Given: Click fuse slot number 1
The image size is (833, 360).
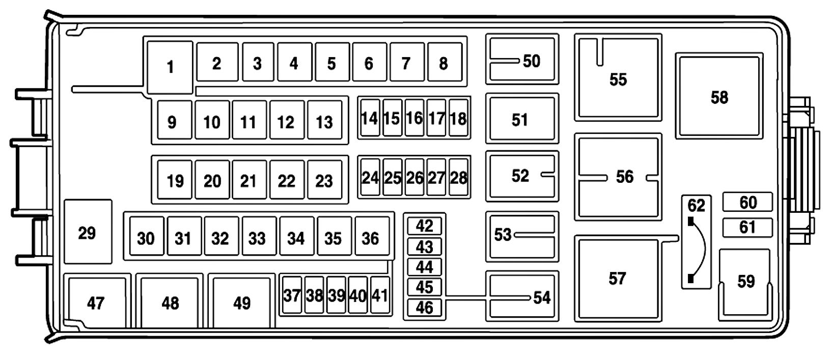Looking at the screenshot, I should [170, 67].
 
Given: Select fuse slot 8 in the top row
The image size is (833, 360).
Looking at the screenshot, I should [445, 63].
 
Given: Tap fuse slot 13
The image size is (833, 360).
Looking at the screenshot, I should [324, 121].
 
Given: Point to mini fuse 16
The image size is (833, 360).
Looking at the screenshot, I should [414, 118].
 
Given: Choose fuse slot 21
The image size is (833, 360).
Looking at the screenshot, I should [249, 180].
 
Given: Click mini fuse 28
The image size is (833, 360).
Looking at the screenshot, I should [459, 177].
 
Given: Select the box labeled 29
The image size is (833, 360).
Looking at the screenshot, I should [88, 232].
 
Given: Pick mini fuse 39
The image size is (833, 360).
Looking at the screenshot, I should [336, 295].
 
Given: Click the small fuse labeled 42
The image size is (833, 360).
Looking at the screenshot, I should [424, 226].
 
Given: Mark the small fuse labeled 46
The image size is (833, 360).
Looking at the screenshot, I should [424, 308].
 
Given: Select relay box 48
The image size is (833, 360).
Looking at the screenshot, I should [170, 302].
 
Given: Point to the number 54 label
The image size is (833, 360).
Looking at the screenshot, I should [542, 297].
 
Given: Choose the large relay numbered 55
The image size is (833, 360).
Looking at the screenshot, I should [618, 78].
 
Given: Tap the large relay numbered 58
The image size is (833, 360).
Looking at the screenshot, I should [719, 97].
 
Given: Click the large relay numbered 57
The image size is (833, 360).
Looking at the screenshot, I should [617, 279].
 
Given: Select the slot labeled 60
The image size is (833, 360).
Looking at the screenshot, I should [747, 202].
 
